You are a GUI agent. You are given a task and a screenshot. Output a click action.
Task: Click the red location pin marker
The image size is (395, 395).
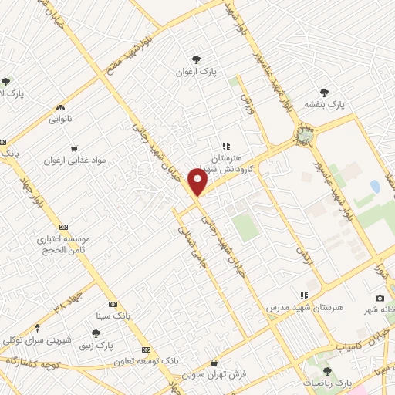coord(198,182)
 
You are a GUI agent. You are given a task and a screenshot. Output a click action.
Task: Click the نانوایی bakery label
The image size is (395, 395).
coord(60,120)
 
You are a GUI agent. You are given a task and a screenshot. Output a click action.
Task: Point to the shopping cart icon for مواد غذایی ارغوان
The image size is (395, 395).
coord(73,147)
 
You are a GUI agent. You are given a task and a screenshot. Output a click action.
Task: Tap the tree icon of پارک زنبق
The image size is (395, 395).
coord(96,333)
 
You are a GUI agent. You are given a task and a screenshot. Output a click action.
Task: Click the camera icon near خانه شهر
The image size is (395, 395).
coord(380,299)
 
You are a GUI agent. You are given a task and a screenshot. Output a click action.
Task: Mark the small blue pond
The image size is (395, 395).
coord(375,187)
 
